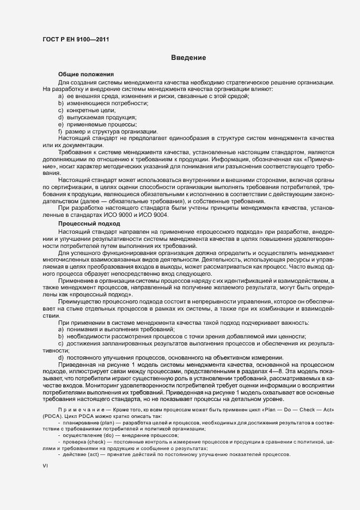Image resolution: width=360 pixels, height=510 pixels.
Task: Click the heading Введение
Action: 188,57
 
